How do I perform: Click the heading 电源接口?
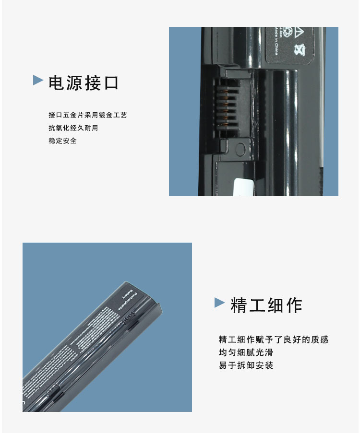(83, 83)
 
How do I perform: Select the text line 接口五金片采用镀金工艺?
(87, 116)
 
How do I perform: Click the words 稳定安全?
(62, 141)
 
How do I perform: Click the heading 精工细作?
(266, 305)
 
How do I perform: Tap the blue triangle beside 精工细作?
(219, 302)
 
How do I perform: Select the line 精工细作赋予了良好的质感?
(274, 339)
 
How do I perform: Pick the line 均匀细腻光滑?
(246, 352)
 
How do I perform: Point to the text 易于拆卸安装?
(246, 365)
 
